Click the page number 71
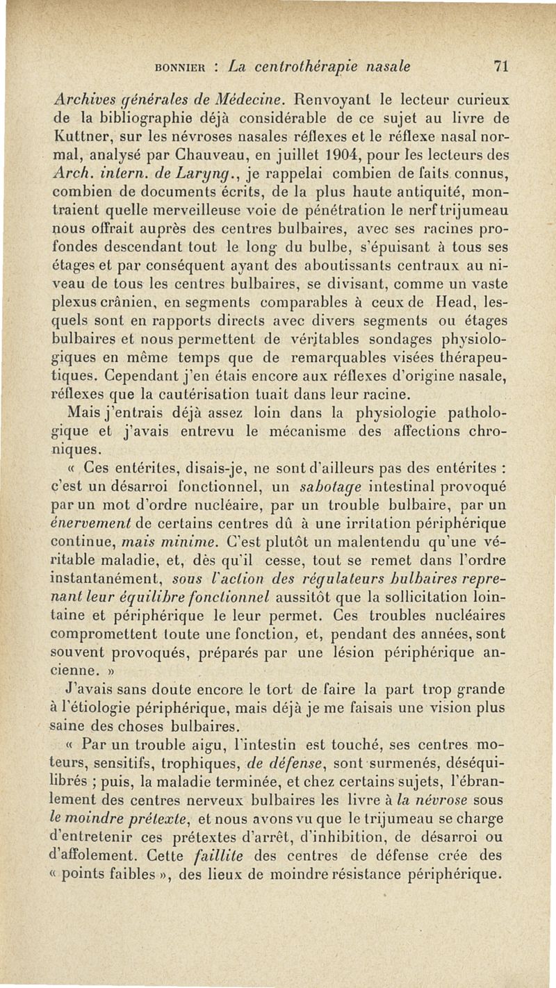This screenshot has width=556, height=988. (x=502, y=67)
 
